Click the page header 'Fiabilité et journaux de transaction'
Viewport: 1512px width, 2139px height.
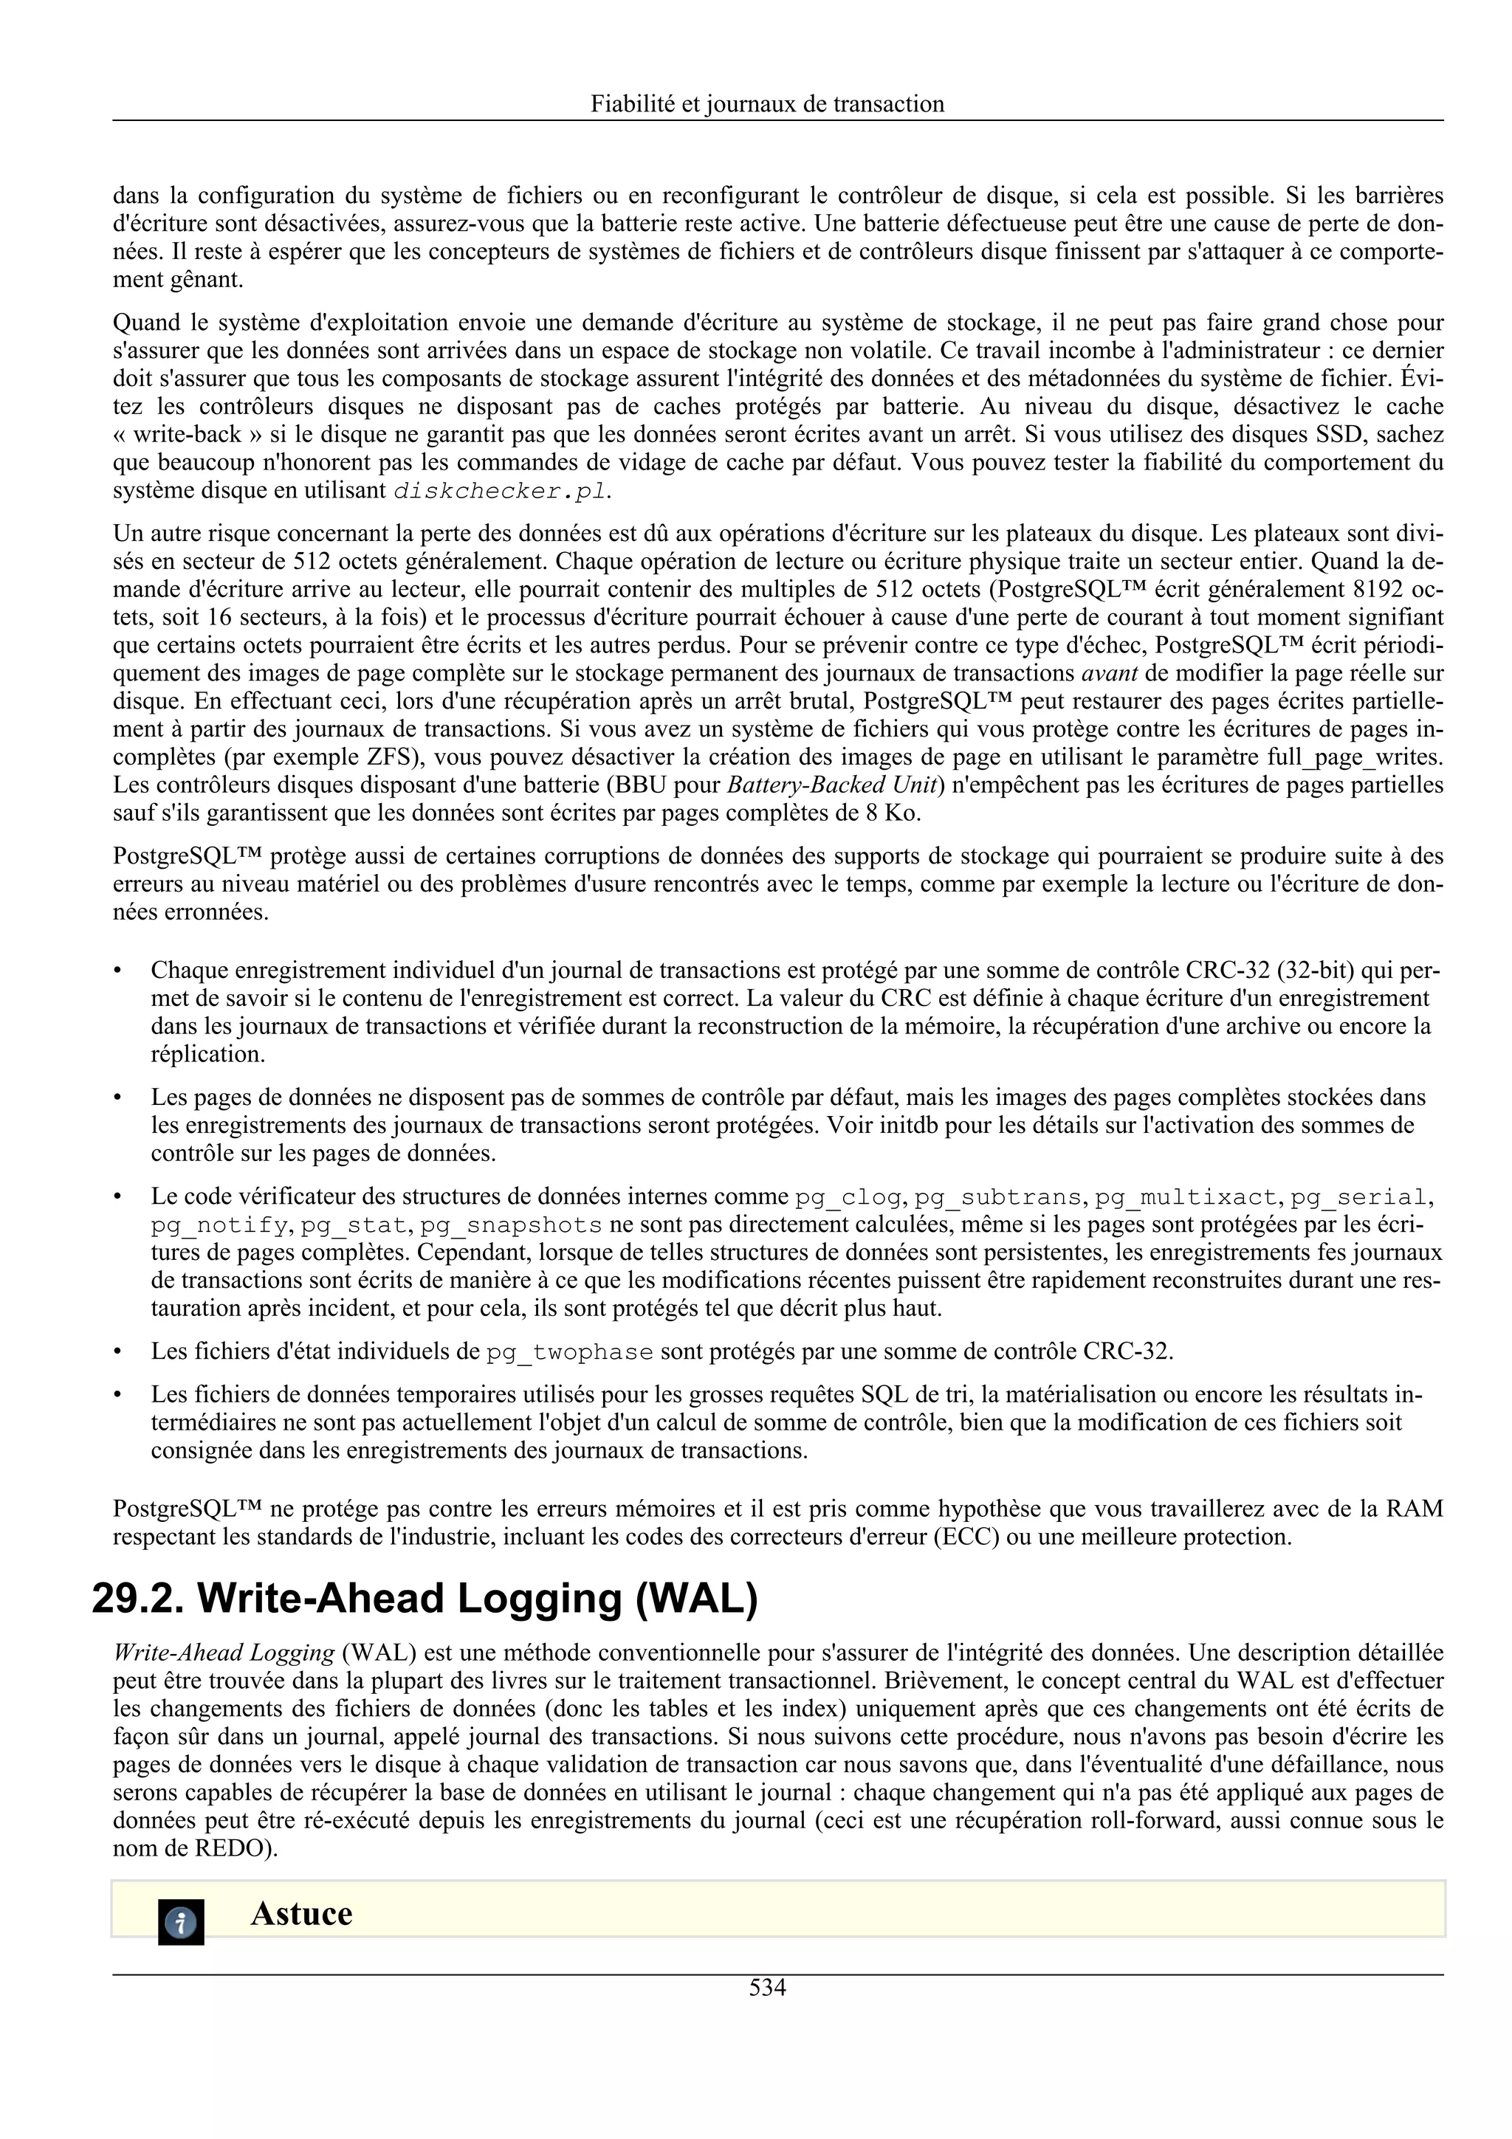point(767,103)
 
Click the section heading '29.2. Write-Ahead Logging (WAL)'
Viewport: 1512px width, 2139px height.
point(425,1598)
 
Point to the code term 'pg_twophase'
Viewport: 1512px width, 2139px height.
point(569,1351)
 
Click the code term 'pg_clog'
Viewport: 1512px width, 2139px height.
point(848,1197)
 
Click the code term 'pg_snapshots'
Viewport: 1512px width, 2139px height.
point(510,1225)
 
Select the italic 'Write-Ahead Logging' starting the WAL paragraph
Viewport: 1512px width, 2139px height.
point(224,1653)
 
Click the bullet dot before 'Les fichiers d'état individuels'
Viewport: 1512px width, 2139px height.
point(118,1351)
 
